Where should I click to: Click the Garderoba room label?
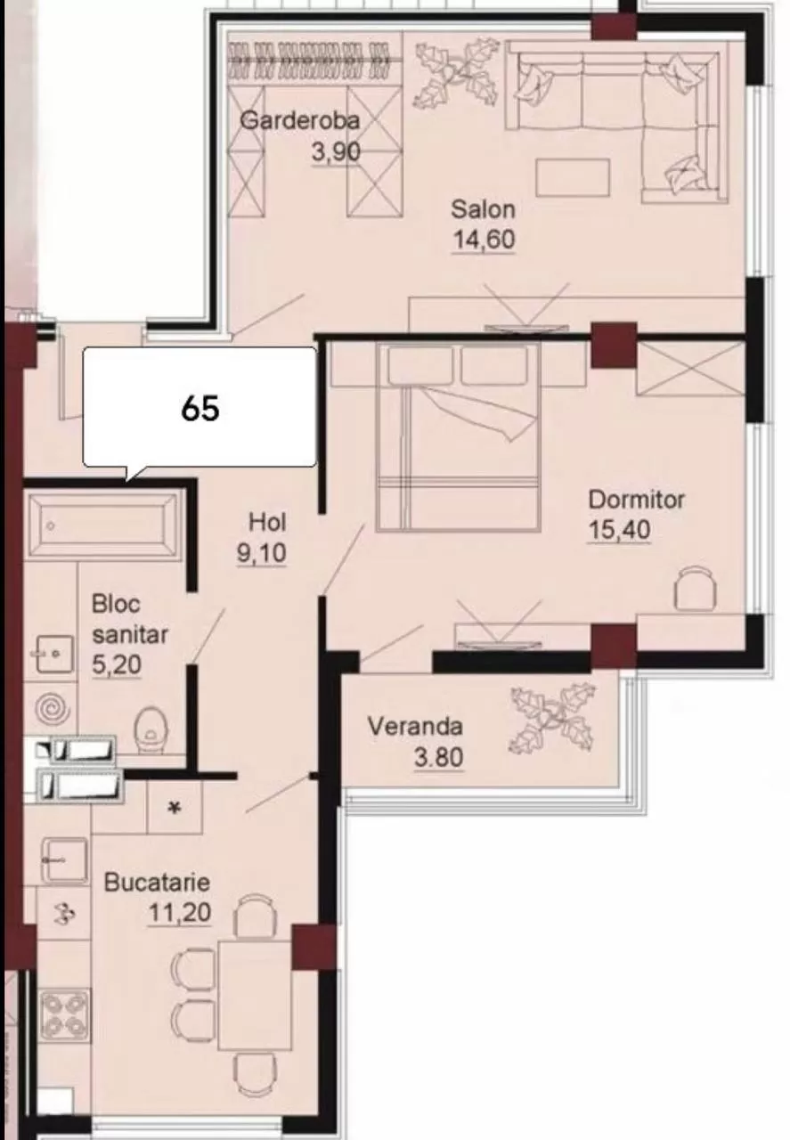[x=300, y=120]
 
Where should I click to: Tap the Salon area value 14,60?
[x=484, y=240]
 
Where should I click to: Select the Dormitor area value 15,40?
[x=619, y=530]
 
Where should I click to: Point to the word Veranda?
[x=415, y=726]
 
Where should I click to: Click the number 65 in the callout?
[x=200, y=408]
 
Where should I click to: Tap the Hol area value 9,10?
[x=261, y=553]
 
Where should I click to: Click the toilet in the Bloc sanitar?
[x=151, y=728]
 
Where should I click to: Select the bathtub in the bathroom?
[x=104, y=525]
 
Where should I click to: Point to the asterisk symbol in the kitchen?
[x=175, y=808]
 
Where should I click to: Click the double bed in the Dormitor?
[x=458, y=436]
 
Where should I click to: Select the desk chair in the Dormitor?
[x=696, y=587]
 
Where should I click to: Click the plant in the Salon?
[x=456, y=75]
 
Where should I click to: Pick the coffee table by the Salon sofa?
[x=573, y=176]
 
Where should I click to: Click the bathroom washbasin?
[x=54, y=653]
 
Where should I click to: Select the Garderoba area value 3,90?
[x=336, y=151]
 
